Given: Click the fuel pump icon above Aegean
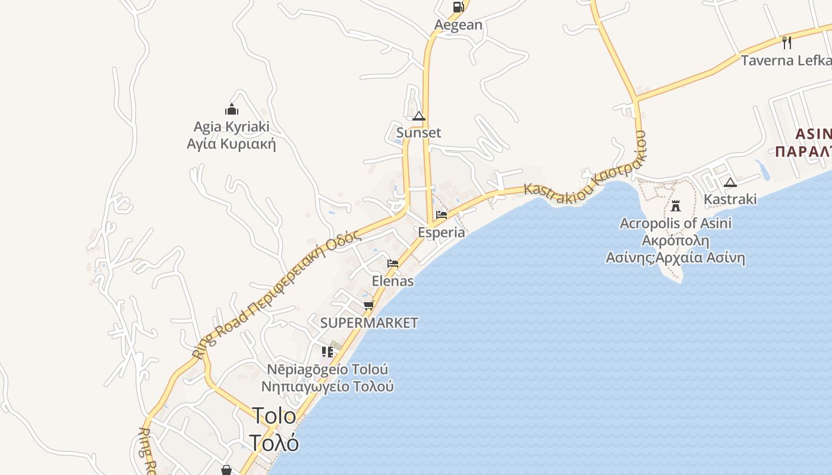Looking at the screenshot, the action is (x=458, y=7).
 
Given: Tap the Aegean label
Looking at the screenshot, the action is (x=458, y=25).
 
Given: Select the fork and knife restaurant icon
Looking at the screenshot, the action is (x=787, y=42).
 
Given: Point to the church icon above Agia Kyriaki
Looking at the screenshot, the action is (x=232, y=109).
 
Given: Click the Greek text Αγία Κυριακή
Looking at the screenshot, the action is (x=231, y=144).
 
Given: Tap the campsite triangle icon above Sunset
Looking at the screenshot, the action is (x=419, y=116).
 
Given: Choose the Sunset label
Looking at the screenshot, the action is (x=419, y=133).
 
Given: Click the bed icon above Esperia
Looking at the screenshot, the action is (x=441, y=215).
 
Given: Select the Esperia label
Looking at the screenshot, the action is (x=441, y=232).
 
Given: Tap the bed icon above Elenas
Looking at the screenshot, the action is (x=392, y=263).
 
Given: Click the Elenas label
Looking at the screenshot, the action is (x=392, y=281).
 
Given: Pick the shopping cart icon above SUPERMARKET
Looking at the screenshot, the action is (x=369, y=305).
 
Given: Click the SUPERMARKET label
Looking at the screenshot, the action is (x=369, y=323).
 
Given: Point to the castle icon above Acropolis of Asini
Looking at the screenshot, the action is (x=676, y=206).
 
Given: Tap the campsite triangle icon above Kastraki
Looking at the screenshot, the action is (x=730, y=182).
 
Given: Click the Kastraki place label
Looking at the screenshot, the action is (x=730, y=199).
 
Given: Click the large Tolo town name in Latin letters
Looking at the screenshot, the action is (x=274, y=416).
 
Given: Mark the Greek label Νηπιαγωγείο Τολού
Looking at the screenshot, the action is (x=327, y=387).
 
